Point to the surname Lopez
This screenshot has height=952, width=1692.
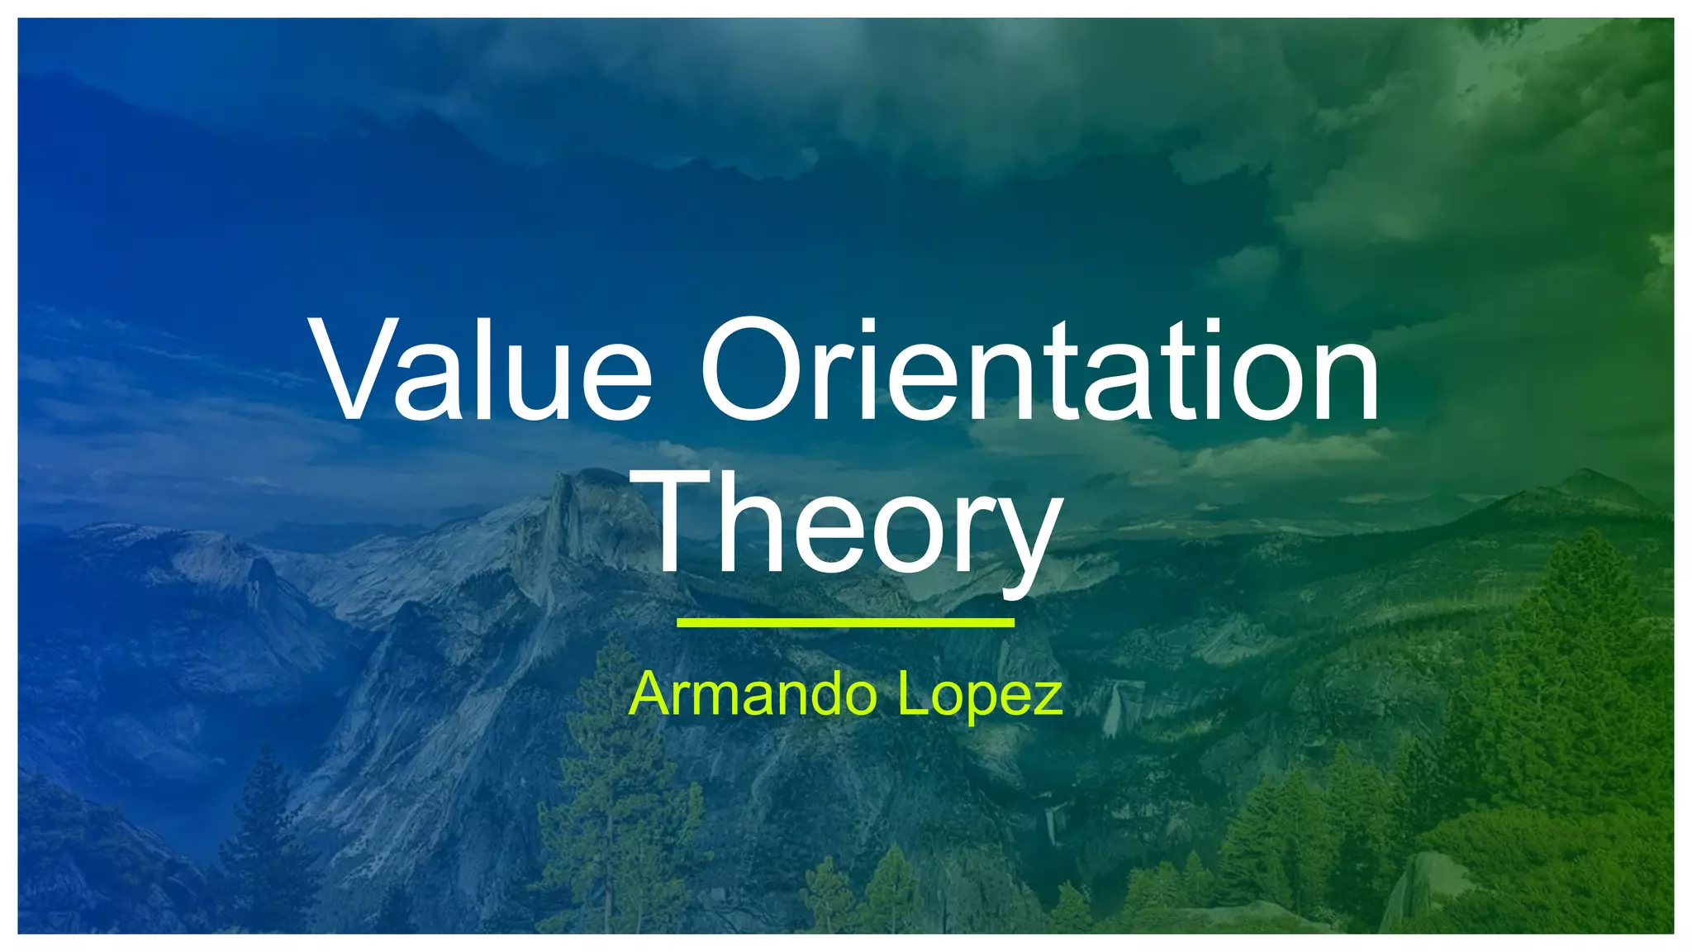pyautogui.click(x=980, y=697)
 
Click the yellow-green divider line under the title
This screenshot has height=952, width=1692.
pyautogui.click(x=845, y=622)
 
